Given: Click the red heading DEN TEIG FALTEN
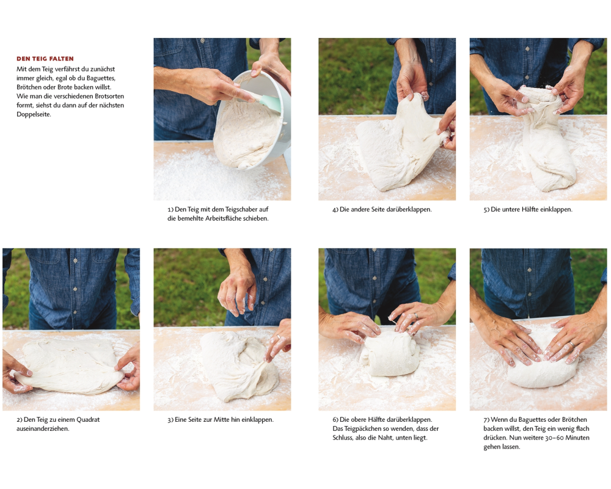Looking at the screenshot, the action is pyautogui.click(x=45, y=59).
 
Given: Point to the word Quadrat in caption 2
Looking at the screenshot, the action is pyautogui.click(x=88, y=419).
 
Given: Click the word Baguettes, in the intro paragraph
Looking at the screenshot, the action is pyautogui.click(x=101, y=78).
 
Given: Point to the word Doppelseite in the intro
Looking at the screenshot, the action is pyautogui.click(x=34, y=114).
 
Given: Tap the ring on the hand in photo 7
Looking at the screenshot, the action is pyautogui.click(x=571, y=344).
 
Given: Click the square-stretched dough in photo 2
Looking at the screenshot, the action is pyautogui.click(x=70, y=364).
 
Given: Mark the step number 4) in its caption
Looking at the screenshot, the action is pyautogui.click(x=335, y=210).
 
